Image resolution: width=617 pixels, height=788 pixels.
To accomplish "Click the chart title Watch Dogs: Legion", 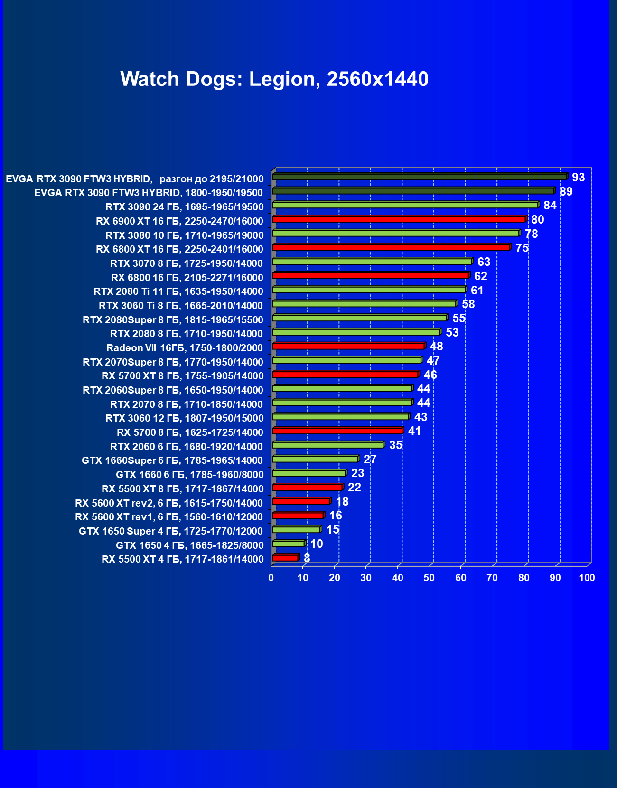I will click(x=274, y=79).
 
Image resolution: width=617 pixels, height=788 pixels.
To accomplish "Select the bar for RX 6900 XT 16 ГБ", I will click(x=399, y=219).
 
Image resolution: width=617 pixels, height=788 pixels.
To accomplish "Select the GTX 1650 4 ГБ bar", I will click(x=288, y=544).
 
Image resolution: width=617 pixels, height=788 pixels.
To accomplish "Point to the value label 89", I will click(x=566, y=192).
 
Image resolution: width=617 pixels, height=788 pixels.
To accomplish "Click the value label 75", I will click(x=522, y=248).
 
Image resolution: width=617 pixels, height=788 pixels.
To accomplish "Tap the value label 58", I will click(x=468, y=304).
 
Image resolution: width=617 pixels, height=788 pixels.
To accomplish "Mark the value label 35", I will click(x=395, y=445).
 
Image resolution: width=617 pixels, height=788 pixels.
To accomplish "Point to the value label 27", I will click(x=370, y=460).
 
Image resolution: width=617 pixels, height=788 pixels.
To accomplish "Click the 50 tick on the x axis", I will click(x=429, y=578).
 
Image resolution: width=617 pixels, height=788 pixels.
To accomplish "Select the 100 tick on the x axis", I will click(x=587, y=578).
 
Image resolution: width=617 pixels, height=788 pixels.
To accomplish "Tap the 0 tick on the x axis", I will click(x=271, y=578).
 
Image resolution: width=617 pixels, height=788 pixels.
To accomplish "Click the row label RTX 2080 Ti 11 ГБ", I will click(x=178, y=291).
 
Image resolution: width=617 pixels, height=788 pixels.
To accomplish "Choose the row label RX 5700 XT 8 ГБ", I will click(x=182, y=376).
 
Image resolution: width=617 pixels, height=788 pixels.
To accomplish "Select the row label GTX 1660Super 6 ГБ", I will click(x=172, y=460).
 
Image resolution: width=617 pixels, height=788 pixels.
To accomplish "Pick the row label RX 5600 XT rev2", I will click(x=168, y=503).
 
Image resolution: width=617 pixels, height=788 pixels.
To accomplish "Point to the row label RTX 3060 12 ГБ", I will click(x=184, y=418).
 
